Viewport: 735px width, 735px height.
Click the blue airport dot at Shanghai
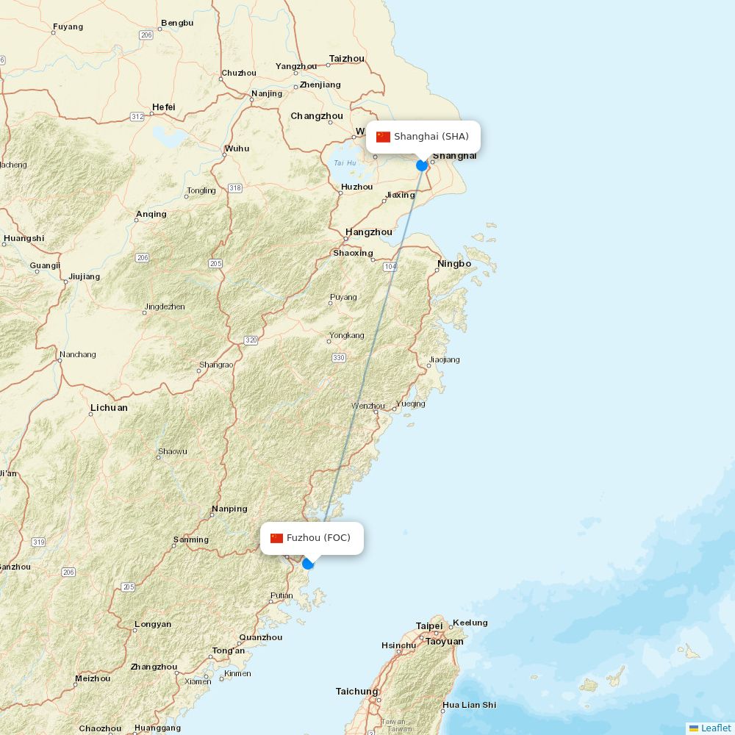point(422,165)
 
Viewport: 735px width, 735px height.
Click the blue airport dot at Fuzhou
point(308,564)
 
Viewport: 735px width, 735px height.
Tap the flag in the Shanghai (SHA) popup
point(383,137)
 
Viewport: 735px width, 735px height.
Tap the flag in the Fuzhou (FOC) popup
point(276,538)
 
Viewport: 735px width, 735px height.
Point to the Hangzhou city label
point(369,232)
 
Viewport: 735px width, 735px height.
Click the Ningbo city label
point(454,264)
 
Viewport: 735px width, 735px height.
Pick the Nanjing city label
point(266,93)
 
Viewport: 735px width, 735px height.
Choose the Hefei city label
point(164,107)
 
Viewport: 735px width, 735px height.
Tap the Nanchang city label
point(78,354)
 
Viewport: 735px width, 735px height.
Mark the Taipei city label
point(429,626)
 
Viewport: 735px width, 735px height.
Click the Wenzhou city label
point(367,406)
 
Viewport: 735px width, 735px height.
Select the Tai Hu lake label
point(345,163)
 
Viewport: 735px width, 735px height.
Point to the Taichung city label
point(356,692)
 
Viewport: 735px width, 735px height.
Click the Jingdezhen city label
point(165,306)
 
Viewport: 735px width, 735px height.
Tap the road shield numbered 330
point(338,357)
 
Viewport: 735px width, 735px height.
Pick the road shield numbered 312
point(137,117)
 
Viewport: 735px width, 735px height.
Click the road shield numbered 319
point(38,542)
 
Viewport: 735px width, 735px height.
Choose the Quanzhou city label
point(261,637)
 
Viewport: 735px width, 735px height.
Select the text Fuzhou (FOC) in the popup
point(318,538)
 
